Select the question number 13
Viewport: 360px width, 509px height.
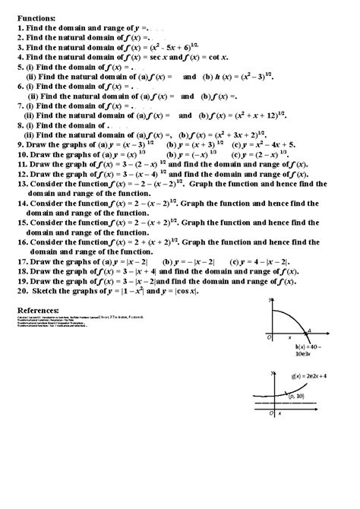click(22, 184)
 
